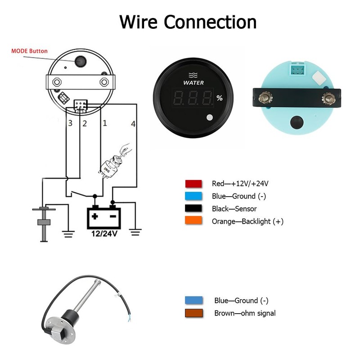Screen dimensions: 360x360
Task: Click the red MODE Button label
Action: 29,51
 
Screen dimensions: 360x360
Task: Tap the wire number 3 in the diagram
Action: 70,123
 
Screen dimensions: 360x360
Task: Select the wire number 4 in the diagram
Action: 133,124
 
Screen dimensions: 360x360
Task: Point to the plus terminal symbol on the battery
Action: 95,216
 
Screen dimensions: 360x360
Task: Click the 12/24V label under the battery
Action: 104,234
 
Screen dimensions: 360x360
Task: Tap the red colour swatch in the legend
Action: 193,184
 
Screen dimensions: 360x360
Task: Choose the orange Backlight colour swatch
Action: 193,220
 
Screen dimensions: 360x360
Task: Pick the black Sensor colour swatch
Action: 193,208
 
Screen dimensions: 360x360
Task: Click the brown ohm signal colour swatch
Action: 194,313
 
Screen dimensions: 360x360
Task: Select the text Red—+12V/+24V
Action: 240,184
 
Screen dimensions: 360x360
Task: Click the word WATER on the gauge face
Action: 193,83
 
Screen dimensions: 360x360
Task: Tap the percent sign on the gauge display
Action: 220,98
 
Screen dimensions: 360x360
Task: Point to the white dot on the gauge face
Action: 210,117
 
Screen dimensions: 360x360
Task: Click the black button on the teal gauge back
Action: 297,122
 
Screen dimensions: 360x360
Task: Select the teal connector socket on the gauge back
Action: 297,69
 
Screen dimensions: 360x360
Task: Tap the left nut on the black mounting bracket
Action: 265,98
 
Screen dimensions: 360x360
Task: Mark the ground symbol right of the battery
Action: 135,232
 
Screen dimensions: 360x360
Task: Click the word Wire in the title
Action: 139,22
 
